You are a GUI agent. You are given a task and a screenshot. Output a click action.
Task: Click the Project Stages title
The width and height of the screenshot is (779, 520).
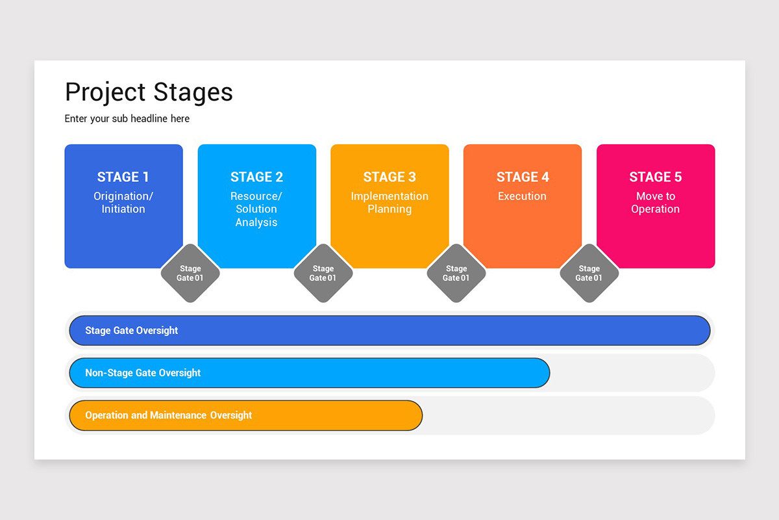click(149, 92)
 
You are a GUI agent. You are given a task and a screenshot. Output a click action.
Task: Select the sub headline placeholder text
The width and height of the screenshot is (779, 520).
click(127, 118)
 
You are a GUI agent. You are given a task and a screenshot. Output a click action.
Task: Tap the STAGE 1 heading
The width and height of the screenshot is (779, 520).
click(123, 177)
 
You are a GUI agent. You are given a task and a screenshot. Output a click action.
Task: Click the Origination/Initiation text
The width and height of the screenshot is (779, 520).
click(123, 203)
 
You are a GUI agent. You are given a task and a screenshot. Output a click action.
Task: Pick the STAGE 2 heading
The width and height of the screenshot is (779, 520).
click(256, 177)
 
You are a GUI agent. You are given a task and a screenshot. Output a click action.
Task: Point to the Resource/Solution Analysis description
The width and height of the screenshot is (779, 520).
click(256, 209)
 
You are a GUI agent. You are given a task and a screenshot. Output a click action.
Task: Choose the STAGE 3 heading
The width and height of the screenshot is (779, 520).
click(389, 177)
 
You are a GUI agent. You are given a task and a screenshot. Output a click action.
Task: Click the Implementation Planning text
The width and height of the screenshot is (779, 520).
click(389, 203)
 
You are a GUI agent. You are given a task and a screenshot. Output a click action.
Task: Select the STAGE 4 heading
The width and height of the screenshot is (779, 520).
click(523, 177)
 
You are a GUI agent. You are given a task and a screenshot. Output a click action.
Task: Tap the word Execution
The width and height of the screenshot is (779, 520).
click(523, 196)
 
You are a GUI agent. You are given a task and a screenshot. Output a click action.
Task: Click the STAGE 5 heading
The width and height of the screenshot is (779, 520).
click(656, 177)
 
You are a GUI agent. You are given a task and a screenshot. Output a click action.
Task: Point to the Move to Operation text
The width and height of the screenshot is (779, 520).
click(656, 203)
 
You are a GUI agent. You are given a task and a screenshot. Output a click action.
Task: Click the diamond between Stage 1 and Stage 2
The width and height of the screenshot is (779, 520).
click(190, 273)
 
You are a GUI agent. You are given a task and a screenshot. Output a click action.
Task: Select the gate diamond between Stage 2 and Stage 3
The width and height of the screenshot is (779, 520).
click(323, 273)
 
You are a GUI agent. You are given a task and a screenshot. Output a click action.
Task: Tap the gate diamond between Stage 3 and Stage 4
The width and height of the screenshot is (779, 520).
click(456, 273)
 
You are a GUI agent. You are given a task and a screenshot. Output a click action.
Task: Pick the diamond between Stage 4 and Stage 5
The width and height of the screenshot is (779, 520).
click(589, 273)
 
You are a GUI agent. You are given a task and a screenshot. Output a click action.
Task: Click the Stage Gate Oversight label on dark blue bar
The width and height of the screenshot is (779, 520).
click(132, 330)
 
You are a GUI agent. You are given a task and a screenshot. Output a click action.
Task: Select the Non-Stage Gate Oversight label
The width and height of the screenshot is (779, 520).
click(143, 373)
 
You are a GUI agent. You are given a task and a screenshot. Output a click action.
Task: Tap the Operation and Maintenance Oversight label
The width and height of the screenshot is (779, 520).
click(169, 415)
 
